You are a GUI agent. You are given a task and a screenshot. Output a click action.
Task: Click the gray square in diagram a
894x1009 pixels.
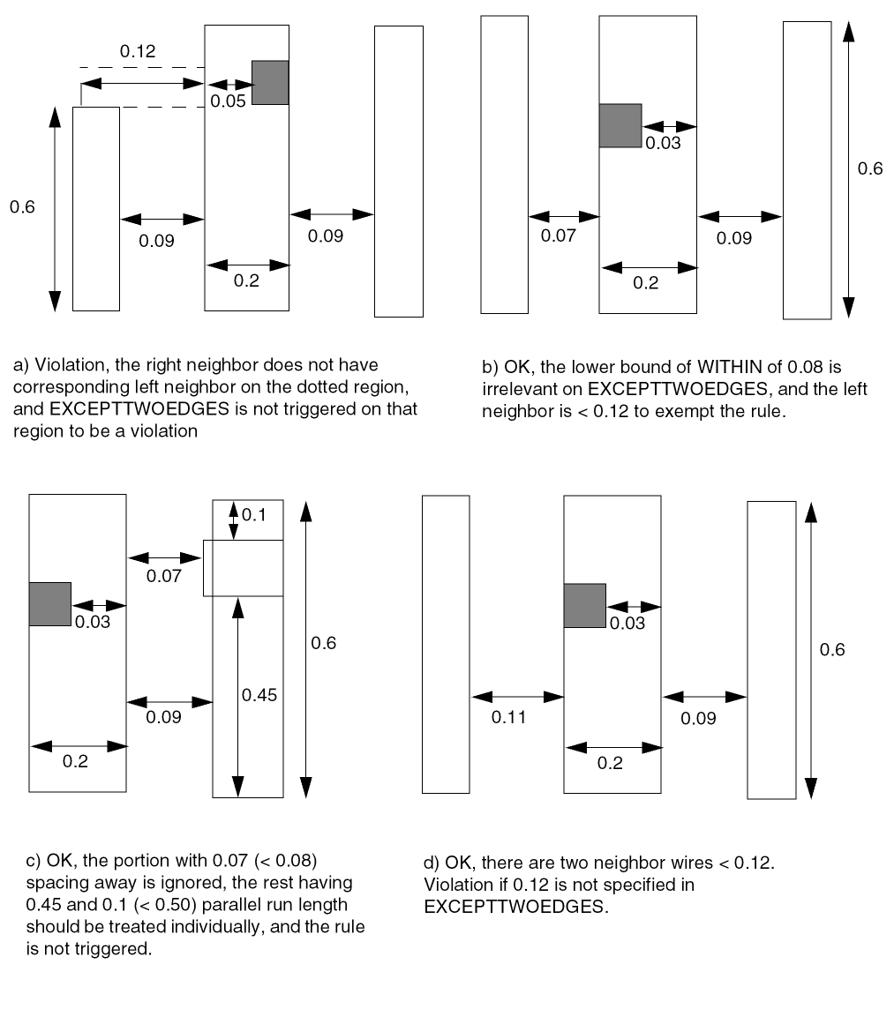tap(270, 82)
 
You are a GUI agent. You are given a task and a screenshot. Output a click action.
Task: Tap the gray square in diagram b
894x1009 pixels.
tap(620, 125)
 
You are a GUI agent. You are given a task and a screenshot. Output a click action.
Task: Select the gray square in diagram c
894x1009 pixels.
tap(49, 603)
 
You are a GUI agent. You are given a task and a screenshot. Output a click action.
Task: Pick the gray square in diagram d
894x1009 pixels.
tap(585, 606)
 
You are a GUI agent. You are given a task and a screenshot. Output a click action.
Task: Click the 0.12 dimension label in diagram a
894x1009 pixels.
tap(138, 51)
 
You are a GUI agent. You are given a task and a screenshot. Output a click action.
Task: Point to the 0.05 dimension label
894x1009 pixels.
tap(228, 101)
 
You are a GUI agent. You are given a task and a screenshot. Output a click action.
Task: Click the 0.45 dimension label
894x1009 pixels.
tap(259, 695)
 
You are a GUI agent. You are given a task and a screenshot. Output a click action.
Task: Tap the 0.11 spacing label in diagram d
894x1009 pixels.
tap(509, 717)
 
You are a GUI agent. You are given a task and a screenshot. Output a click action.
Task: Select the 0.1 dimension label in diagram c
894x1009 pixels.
tap(254, 515)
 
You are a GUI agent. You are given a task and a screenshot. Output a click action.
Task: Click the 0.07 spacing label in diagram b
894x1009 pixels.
tap(558, 235)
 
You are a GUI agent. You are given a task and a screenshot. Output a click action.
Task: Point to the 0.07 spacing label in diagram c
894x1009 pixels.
tap(163, 576)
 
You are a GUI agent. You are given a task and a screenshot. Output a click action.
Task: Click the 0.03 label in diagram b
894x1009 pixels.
tap(663, 143)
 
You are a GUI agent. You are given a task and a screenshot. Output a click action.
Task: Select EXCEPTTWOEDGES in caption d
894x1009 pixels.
tap(515, 907)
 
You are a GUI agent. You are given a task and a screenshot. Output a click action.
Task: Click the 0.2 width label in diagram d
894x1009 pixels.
tap(610, 763)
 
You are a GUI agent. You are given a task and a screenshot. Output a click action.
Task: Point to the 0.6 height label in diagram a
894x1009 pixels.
tap(22, 206)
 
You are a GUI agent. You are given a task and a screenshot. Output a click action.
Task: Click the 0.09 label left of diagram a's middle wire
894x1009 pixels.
tap(156, 241)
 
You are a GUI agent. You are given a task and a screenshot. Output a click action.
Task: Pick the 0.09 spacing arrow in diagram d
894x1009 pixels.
tap(704, 696)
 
